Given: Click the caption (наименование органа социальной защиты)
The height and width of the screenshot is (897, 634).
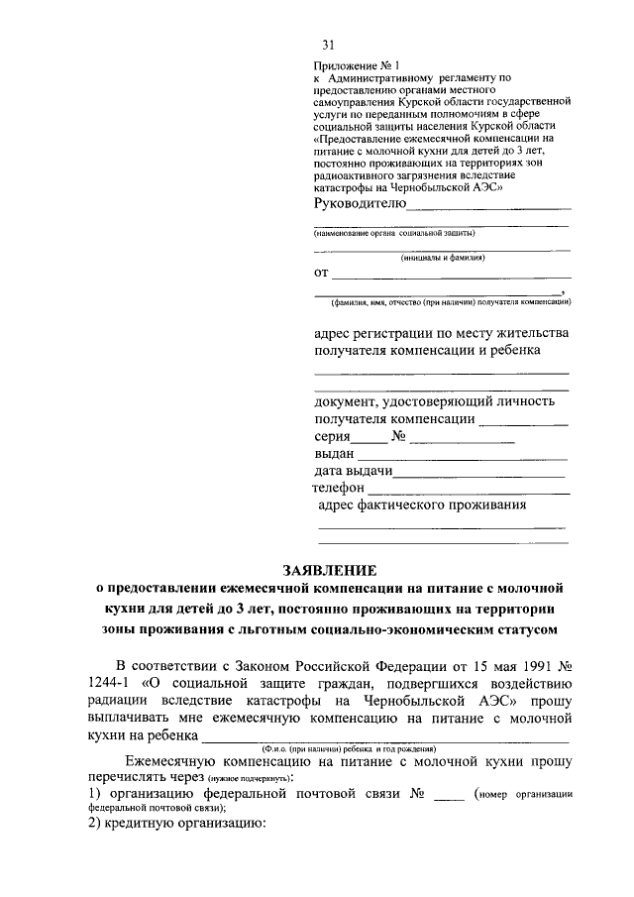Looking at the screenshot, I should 395,234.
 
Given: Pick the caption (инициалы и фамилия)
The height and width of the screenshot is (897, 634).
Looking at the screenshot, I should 443,258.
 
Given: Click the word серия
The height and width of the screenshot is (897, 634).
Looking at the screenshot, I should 333,436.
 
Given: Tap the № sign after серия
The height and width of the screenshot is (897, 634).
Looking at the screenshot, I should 400,436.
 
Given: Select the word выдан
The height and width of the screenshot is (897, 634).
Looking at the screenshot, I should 334,453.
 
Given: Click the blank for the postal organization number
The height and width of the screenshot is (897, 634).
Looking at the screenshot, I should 449,797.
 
